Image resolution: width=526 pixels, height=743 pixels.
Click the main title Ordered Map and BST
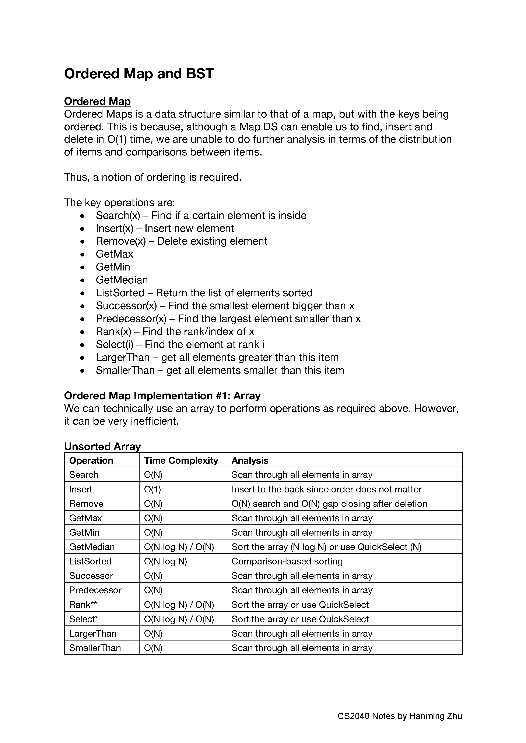(x=139, y=74)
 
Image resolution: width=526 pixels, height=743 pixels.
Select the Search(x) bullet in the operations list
(x=201, y=216)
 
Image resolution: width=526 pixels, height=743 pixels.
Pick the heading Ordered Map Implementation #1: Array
(x=162, y=396)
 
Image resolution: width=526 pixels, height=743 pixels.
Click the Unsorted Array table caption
(x=102, y=446)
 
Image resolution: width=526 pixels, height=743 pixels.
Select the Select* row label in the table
(x=84, y=619)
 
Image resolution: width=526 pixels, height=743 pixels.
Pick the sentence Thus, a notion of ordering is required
(x=153, y=177)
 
